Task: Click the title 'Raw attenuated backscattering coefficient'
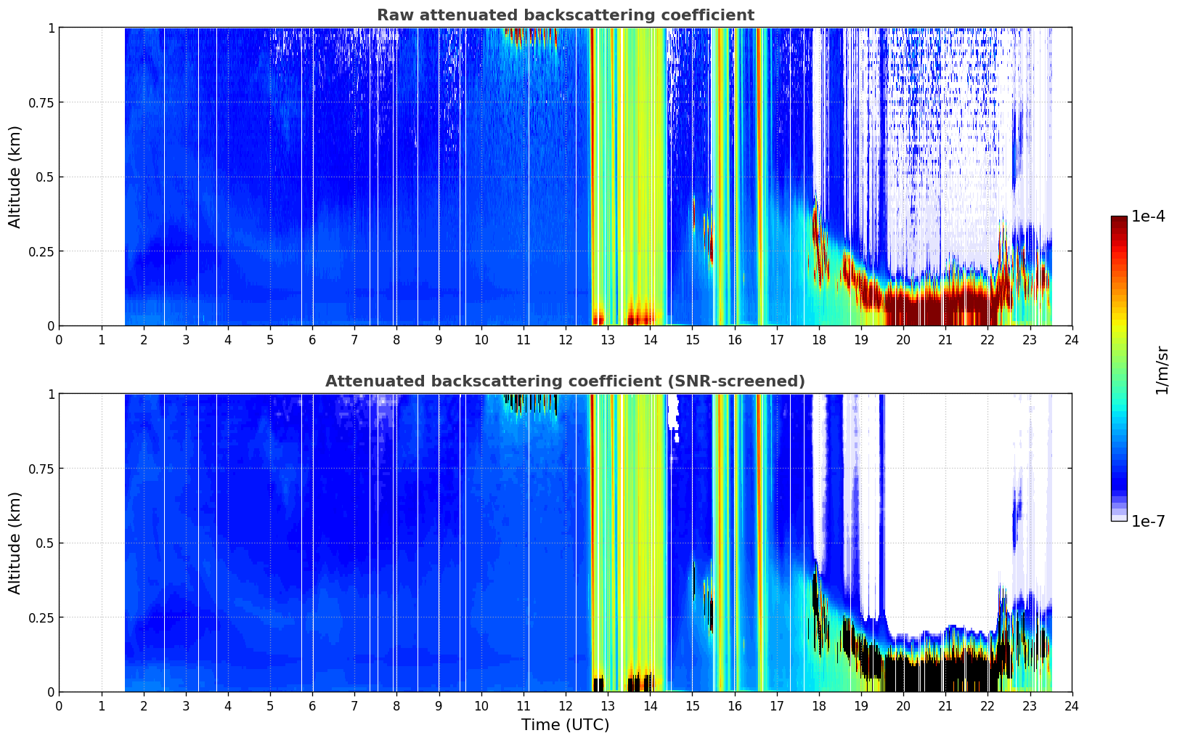pyautogui.click(x=566, y=15)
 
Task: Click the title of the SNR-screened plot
pyautogui.click(x=566, y=381)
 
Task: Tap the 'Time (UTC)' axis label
pyautogui.click(x=566, y=725)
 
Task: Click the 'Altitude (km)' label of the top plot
pyautogui.click(x=15, y=177)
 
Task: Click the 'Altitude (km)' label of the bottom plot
pyautogui.click(x=15, y=543)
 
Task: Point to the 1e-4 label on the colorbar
pyautogui.click(x=1148, y=216)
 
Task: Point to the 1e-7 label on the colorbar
pyautogui.click(x=1148, y=522)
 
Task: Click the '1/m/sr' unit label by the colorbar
pyautogui.click(x=1162, y=370)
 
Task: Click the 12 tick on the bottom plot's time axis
pyautogui.click(x=566, y=706)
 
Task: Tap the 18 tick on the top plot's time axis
pyautogui.click(x=818, y=339)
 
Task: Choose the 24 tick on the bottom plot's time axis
pyautogui.click(x=1072, y=706)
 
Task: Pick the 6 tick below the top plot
pyautogui.click(x=312, y=339)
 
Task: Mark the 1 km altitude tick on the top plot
pyautogui.click(x=51, y=28)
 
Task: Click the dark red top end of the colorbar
pyautogui.click(x=1119, y=219)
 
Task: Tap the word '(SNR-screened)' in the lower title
pyautogui.click(x=736, y=381)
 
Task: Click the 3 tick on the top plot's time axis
pyautogui.click(x=185, y=339)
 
